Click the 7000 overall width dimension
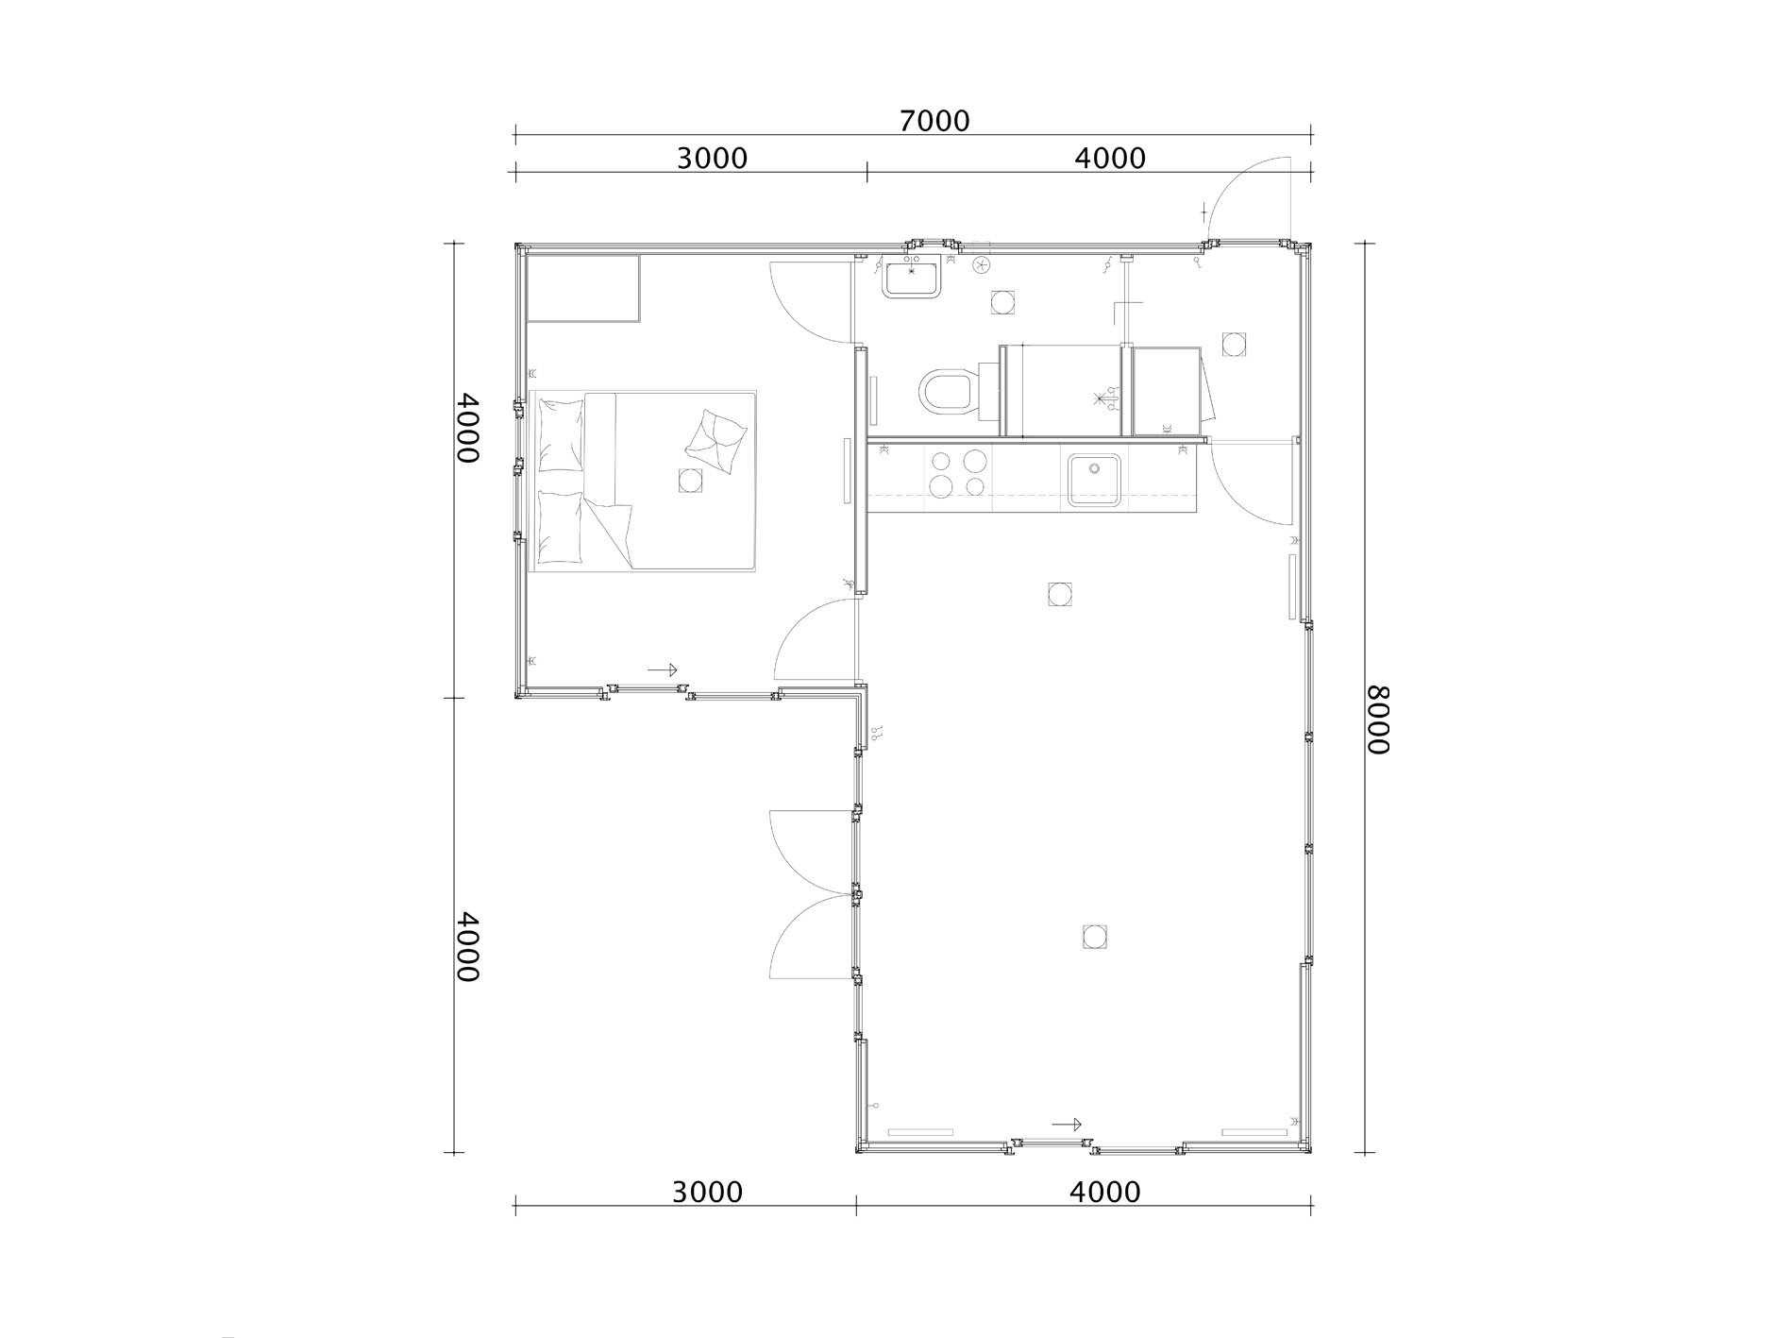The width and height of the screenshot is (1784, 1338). coord(934,121)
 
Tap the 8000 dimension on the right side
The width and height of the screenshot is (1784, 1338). coord(1379,719)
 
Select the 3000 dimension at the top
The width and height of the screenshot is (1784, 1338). coord(712,158)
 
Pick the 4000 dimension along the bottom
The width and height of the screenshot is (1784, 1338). coord(1105,1192)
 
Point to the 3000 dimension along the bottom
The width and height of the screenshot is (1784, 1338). coord(707,1192)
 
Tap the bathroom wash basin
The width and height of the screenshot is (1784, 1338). coord(911,279)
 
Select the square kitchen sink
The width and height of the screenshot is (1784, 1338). coord(1094,481)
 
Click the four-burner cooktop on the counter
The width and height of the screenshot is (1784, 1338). coord(957,474)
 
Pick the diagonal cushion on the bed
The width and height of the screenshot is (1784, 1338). coord(716,442)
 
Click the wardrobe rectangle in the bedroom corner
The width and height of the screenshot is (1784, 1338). coord(583,288)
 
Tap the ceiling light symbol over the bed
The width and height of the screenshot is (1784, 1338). coord(690,481)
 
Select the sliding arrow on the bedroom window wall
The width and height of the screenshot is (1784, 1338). coord(663,669)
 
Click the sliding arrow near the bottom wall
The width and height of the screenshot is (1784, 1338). coord(1067,1124)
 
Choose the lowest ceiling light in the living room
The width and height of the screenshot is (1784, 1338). coord(1094,937)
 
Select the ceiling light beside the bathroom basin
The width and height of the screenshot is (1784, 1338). coord(1001,303)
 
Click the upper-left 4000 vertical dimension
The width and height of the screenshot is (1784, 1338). coord(466,427)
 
